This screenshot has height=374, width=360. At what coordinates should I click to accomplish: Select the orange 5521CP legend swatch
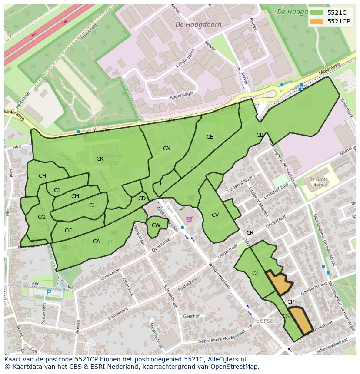(x=317, y=21)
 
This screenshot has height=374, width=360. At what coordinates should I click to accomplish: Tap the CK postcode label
(x=100, y=159)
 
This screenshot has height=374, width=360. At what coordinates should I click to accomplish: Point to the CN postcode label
(x=167, y=149)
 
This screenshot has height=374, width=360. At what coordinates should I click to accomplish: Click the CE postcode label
(x=210, y=137)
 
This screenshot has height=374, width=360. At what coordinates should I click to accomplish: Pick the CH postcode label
(x=42, y=176)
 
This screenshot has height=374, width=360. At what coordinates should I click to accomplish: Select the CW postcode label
(x=156, y=225)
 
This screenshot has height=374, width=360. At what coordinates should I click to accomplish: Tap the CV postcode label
(x=215, y=215)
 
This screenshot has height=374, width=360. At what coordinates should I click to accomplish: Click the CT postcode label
(x=255, y=273)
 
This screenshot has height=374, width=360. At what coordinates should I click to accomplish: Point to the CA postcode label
(x=97, y=242)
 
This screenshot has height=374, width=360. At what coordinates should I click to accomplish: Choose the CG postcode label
(x=41, y=217)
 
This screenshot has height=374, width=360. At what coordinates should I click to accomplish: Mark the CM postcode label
(x=75, y=196)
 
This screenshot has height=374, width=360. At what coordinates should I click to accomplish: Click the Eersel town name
(x=266, y=320)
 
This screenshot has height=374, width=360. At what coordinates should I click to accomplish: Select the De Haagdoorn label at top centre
(x=198, y=25)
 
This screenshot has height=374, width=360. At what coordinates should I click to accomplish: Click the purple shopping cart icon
(x=189, y=219)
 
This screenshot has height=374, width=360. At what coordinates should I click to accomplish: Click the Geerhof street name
(x=191, y=316)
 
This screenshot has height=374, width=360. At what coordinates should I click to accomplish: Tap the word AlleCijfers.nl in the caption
(x=226, y=359)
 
